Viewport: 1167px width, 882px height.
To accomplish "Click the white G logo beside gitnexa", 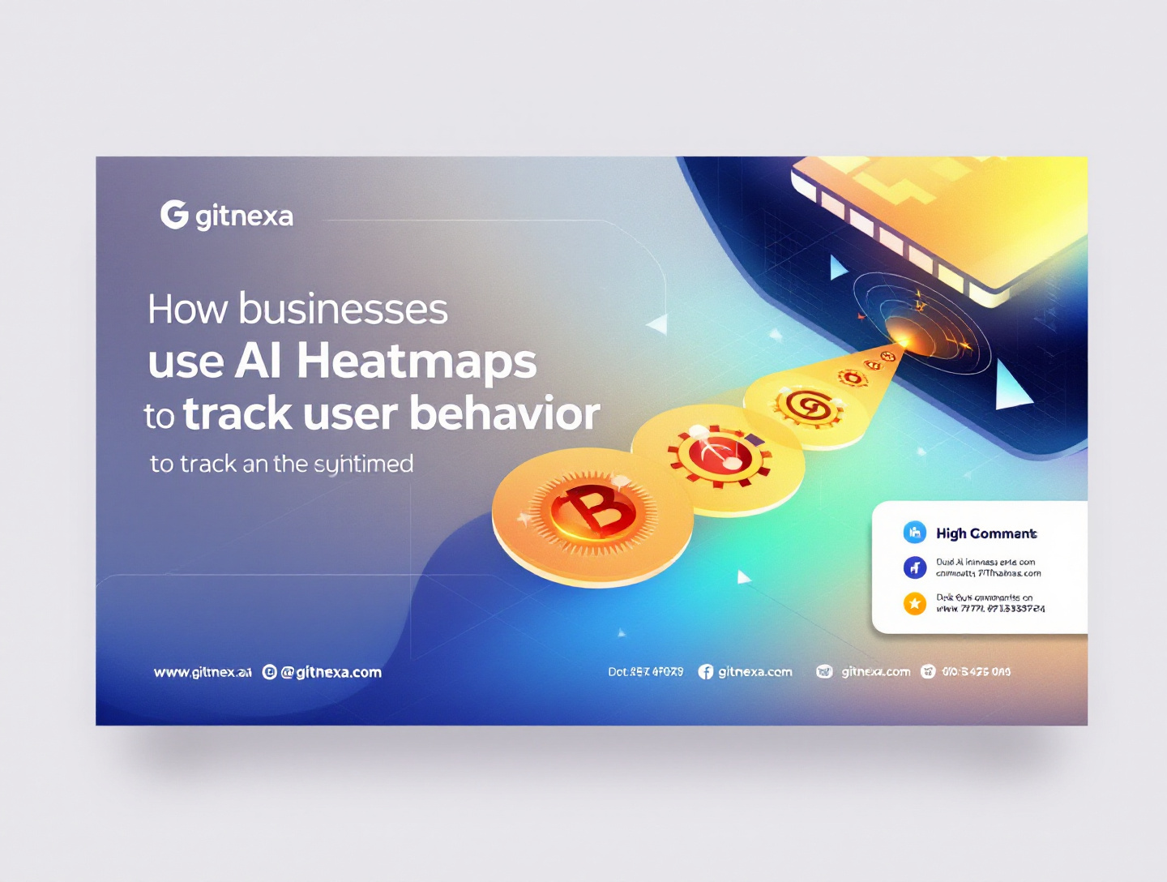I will pyautogui.click(x=174, y=215).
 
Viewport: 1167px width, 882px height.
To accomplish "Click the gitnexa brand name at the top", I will pyautogui.click(x=244, y=216).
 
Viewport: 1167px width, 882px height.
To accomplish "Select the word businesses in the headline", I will pyautogui.click(x=343, y=310).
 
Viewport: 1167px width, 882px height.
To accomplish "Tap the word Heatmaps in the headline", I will pyautogui.click(x=417, y=361).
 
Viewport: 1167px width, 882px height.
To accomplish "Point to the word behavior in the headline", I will pyautogui.click(x=504, y=413).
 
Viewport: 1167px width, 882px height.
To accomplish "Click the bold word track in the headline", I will pyautogui.click(x=237, y=414).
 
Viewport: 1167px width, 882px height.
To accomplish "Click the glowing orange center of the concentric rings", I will pyautogui.click(x=902, y=332).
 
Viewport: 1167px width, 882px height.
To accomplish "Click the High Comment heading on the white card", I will pyautogui.click(x=986, y=533).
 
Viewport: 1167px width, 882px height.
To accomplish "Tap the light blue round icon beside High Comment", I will pyautogui.click(x=915, y=533).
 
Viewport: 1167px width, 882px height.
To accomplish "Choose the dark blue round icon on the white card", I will pyautogui.click(x=915, y=567).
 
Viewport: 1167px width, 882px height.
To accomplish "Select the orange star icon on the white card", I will pyautogui.click(x=915, y=603).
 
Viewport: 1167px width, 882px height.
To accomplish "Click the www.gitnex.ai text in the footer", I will pyautogui.click(x=203, y=672).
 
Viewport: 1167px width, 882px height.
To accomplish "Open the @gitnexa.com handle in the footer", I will pyautogui.click(x=331, y=672).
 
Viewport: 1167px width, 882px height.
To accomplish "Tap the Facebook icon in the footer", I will pyautogui.click(x=706, y=672).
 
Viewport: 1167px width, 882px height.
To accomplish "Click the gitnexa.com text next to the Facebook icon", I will pyautogui.click(x=755, y=672).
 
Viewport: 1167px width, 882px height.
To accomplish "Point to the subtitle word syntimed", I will pyautogui.click(x=363, y=465).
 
